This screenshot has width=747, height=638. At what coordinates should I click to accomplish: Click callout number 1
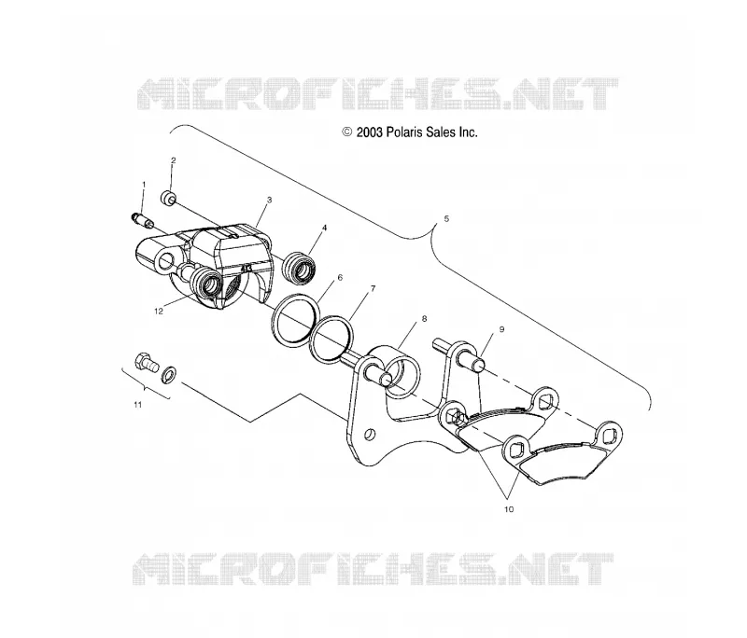coord(144,184)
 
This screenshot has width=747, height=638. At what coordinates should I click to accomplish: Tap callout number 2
coord(174,160)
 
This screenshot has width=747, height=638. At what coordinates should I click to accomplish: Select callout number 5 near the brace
coord(446,219)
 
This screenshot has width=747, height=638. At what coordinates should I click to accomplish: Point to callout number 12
coord(159,312)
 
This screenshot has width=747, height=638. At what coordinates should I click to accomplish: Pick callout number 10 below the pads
coord(509,509)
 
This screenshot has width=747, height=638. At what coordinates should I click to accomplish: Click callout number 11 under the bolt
coord(137,405)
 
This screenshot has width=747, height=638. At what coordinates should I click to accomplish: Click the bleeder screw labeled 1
coord(142,220)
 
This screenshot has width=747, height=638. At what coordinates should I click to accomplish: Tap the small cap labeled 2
coord(168,198)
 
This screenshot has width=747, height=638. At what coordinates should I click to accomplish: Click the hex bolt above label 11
coord(146,366)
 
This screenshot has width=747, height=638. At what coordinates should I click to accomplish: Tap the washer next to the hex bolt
coord(169,374)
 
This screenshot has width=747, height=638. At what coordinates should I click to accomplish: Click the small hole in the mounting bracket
coord(370,435)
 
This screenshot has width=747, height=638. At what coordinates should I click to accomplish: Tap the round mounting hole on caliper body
coord(167,261)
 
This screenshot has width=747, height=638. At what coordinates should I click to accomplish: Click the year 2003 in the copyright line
coord(370,132)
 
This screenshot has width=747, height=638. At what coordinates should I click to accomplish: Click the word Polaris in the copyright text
coord(404,132)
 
